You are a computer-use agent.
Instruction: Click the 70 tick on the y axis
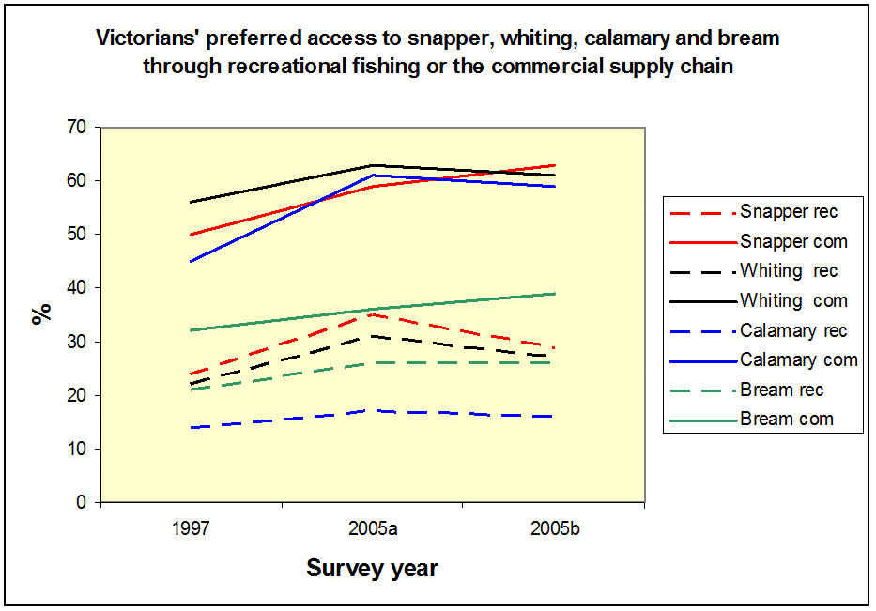coord(78,127)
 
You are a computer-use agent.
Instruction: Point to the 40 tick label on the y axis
coord(78,288)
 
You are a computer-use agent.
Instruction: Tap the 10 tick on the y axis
coord(78,450)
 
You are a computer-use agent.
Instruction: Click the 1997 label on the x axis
coord(192,528)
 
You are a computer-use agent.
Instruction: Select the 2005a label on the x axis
coord(373,528)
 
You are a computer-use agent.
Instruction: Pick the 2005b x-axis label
coord(554,528)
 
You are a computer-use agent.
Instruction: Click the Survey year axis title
coord(373,569)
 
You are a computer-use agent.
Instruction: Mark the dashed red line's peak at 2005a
coord(373,314)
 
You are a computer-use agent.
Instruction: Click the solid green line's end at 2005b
coord(554,294)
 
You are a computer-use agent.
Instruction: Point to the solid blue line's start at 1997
coord(192,261)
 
